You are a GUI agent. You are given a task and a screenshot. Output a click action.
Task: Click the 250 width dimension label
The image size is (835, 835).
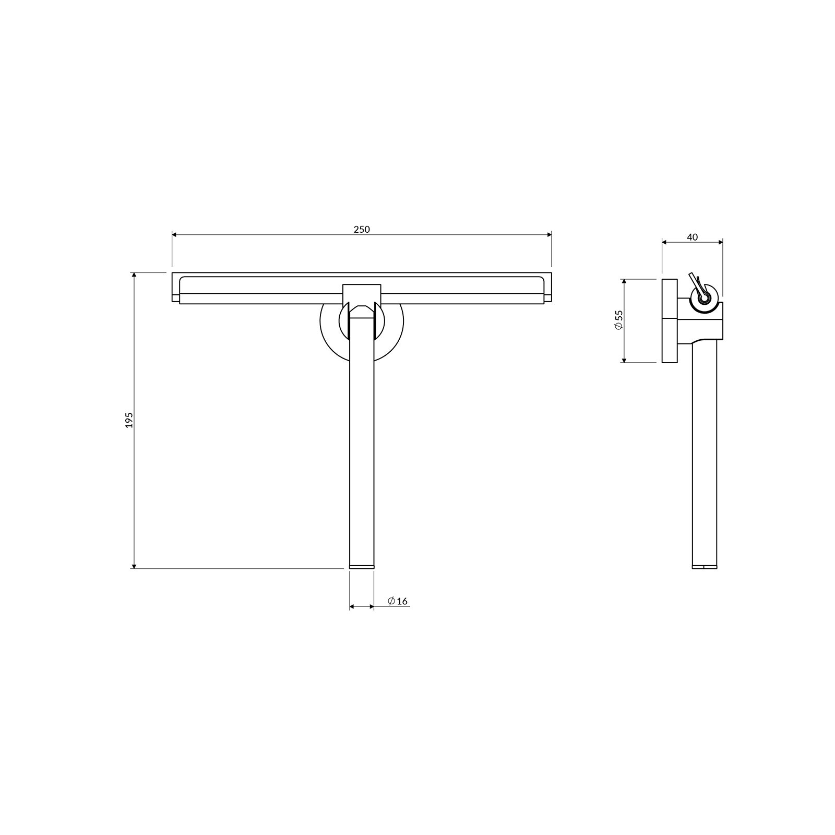pos(361,229)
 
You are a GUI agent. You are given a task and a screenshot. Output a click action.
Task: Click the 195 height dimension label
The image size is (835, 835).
pos(129,420)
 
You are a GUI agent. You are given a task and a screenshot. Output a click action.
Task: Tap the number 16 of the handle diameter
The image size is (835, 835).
pos(402,601)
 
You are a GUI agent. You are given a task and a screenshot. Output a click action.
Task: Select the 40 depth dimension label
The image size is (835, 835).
pos(692,237)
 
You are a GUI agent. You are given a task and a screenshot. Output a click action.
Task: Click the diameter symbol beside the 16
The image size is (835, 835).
pos(391,601)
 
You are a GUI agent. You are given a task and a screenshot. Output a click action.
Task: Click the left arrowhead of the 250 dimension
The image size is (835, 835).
pos(175,235)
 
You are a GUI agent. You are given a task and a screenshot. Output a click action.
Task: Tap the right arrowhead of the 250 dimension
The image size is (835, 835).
pos(548,235)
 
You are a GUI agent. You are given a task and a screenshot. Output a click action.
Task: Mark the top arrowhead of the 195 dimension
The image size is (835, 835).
pos(134,276)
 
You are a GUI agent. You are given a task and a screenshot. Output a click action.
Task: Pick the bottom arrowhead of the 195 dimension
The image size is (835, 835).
pos(134,565)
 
